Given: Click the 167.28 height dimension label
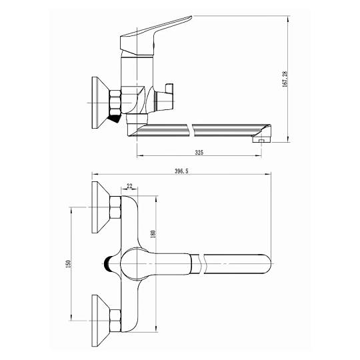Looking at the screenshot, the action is click(285, 79).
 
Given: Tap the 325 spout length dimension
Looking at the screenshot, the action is click(199, 152).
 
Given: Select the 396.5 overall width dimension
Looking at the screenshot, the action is click(181, 171).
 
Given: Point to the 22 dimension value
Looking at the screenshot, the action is click(129, 186).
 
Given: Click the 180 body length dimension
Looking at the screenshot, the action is click(153, 234).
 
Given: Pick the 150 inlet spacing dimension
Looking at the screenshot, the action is click(68, 264).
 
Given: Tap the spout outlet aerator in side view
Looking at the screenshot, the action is click(261, 139).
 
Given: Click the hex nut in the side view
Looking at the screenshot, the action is click(115, 103).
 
